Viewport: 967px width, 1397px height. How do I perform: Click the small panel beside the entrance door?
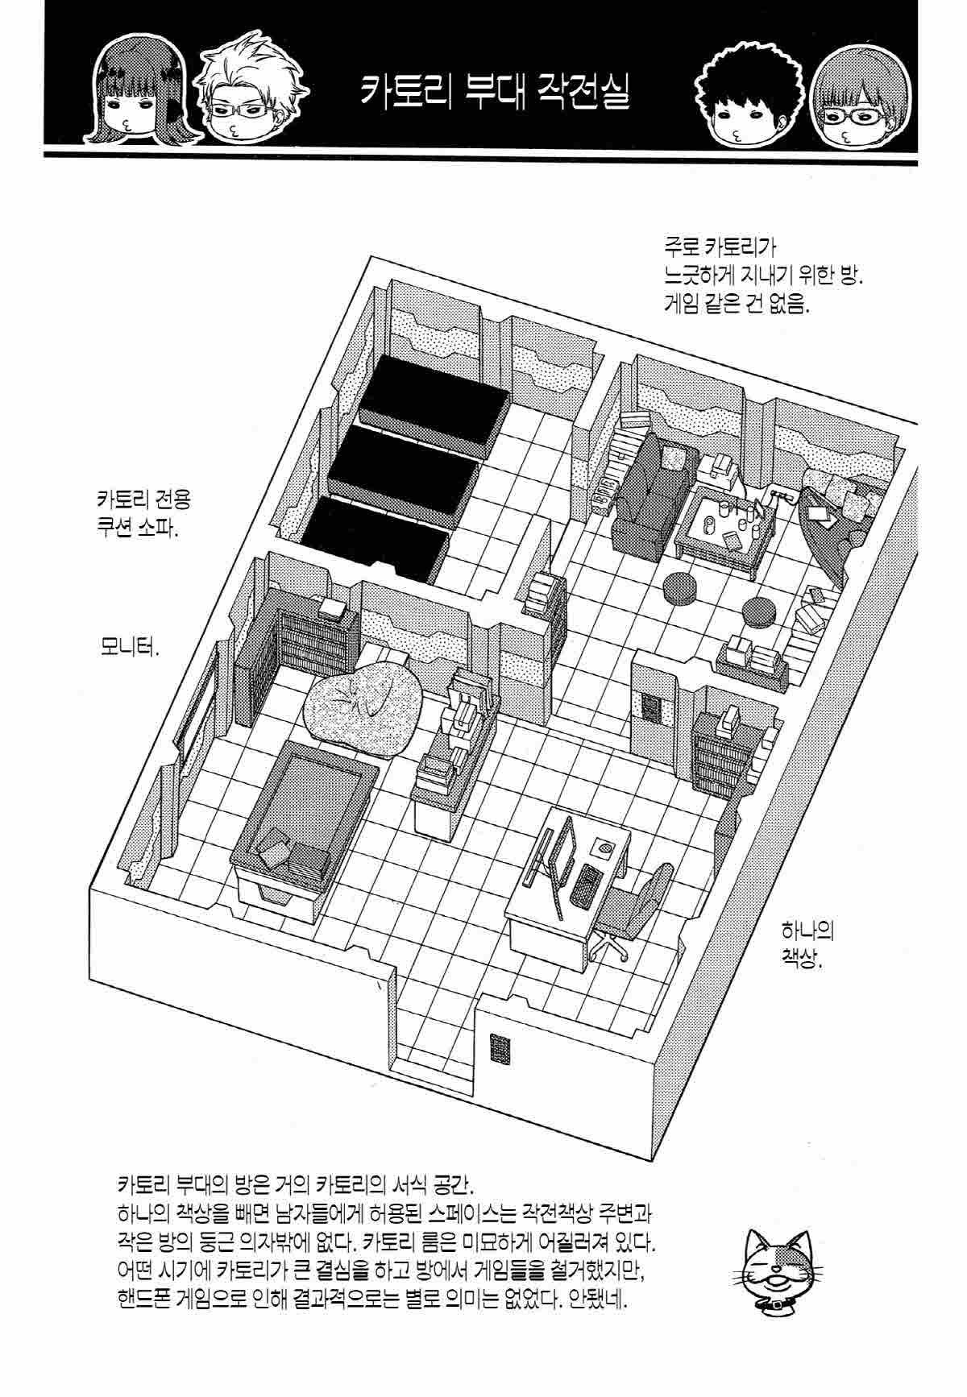pos(499,1048)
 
